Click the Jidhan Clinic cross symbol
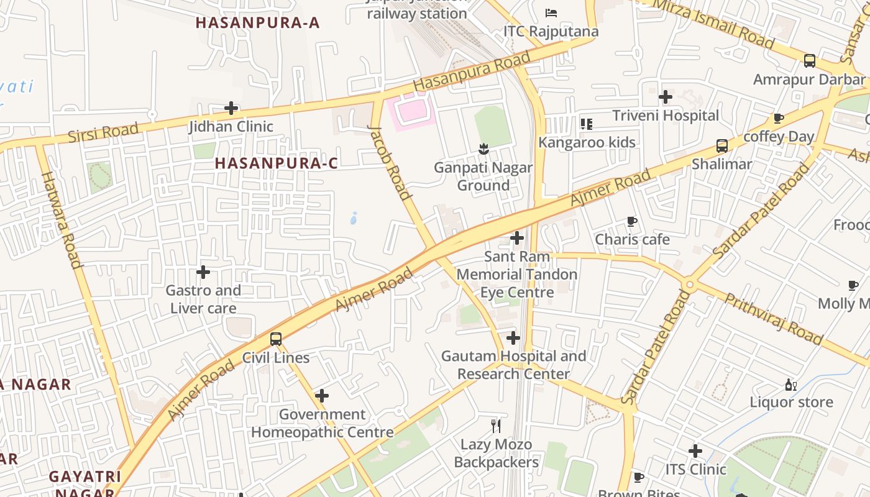[x=231, y=108]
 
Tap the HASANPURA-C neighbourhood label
[x=277, y=163]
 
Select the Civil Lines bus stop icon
[x=276, y=339]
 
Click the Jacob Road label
[x=390, y=163]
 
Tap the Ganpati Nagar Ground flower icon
[x=483, y=149]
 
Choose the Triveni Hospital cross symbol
[x=666, y=97]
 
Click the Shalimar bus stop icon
[x=721, y=146]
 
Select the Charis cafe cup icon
[x=632, y=221]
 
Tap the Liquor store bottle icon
[x=790, y=385]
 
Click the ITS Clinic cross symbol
[x=695, y=451]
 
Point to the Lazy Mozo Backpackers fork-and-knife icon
[x=496, y=426]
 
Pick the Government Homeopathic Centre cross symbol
[x=322, y=396]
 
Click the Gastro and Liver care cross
[x=203, y=272]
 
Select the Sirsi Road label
[x=103, y=132]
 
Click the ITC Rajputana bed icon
[x=551, y=12]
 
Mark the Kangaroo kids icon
[x=587, y=124]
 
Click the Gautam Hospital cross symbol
[x=513, y=338]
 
